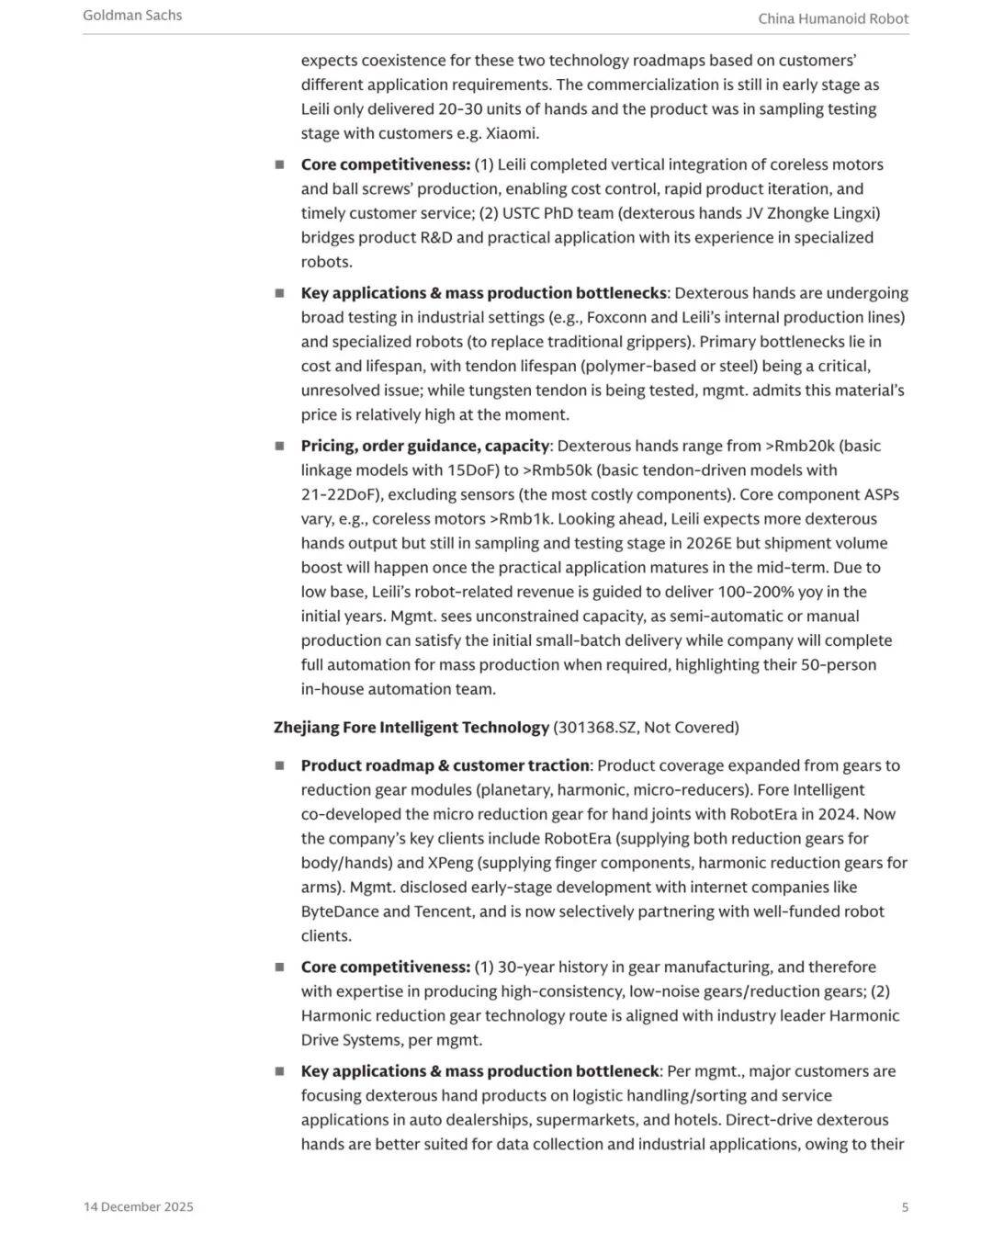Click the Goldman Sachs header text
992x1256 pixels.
coord(132,16)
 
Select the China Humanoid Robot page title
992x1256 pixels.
coord(833,18)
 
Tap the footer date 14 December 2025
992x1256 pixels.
coord(139,1206)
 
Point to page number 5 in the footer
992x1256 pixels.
coord(905,1206)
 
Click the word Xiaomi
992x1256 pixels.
coord(512,133)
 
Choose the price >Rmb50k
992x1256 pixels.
coord(558,470)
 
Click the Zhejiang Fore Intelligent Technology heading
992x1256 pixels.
coord(411,728)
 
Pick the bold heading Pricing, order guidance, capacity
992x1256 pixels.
coord(425,446)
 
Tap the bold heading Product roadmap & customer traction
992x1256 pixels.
coord(445,765)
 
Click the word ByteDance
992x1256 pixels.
coord(342,911)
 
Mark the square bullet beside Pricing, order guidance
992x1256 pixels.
coord(279,446)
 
